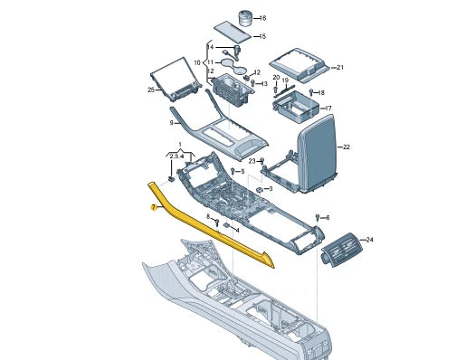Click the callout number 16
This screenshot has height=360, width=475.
coord(262,18)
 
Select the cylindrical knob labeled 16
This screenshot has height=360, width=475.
coord(245,18)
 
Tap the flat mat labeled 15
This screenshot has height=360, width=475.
coord(233,32)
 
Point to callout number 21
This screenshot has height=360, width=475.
coord(340,67)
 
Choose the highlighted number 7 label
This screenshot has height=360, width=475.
coord(154,207)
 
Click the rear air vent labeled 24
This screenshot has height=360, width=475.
coord(342,250)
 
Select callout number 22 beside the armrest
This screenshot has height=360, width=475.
coord(347,147)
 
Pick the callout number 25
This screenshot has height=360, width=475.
coord(151,90)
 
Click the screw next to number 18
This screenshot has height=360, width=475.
coord(311,91)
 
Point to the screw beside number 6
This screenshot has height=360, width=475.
coord(318,217)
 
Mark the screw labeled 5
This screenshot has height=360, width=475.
coord(233,171)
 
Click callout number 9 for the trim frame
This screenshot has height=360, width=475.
coord(172,123)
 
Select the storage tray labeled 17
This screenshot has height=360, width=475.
coord(296,107)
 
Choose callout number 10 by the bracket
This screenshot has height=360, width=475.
coord(197,62)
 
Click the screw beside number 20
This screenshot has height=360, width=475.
coord(275,89)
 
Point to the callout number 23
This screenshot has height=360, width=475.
coord(252,161)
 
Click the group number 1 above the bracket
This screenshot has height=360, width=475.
coord(180,145)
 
